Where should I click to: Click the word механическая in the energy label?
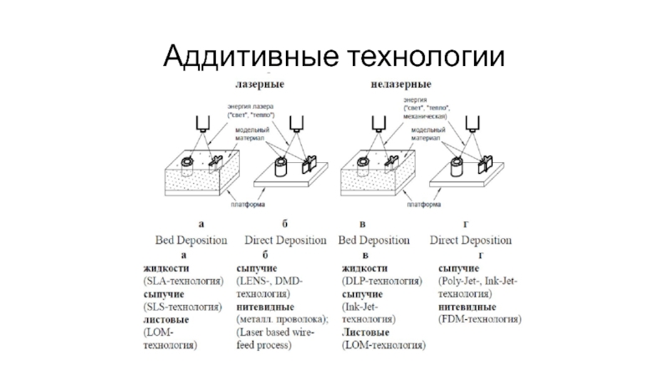coord(428,116)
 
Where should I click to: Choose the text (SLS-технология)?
coord(183,307)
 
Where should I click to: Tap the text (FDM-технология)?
coord(480,319)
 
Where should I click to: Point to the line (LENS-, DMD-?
coord(269,282)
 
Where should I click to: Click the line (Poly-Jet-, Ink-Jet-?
coord(480,282)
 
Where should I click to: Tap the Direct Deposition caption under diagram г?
coord(470,240)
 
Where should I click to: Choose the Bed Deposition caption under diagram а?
coord(192,240)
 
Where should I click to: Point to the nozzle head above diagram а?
coord(199,123)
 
